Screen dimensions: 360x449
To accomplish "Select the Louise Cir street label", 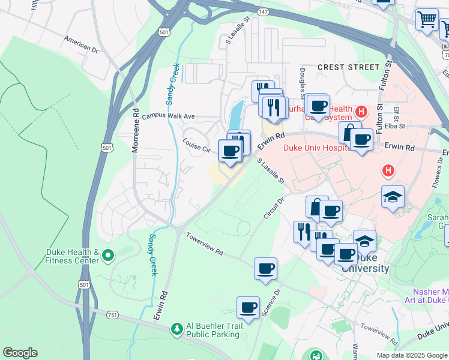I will pyautogui.click(x=197, y=145).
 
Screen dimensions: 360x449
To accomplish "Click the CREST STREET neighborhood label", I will pyautogui.click(x=348, y=67).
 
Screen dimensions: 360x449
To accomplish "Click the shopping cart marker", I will pyautogui.click(x=427, y=19).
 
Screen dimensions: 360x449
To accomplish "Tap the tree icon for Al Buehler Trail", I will pyautogui.click(x=176, y=328).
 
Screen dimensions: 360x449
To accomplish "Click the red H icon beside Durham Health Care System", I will pyautogui.click(x=361, y=111).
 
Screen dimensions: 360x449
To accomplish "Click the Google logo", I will pyautogui.click(x=20, y=353).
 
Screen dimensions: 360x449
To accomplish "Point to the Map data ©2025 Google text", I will pyautogui.click(x=411, y=355).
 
